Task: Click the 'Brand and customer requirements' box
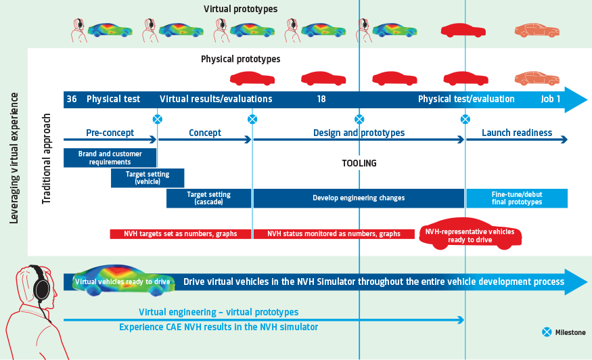point(110,158)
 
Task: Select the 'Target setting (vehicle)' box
point(147,178)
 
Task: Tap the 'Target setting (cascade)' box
point(208,198)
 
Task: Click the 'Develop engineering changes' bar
point(359,198)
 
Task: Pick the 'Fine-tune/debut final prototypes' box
point(516,198)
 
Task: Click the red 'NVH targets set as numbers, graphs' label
point(180,234)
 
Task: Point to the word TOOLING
point(359,164)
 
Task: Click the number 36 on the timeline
point(71,99)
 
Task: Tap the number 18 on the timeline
point(321,99)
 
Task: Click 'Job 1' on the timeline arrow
point(550,99)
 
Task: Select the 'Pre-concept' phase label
point(110,133)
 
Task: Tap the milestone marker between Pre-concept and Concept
point(157,119)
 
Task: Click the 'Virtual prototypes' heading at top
point(240,9)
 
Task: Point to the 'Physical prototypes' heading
point(240,59)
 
